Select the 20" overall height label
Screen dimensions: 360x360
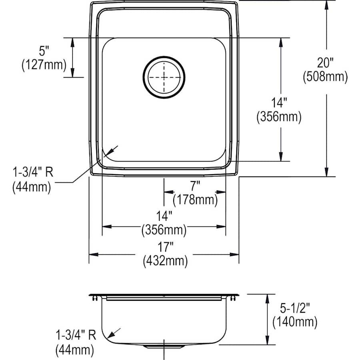pos(325,63)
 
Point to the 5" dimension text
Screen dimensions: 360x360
pos(43,51)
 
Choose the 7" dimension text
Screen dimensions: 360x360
pos(195,186)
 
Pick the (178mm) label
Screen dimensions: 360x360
pos(195,199)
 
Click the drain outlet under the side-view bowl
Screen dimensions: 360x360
pos(164,345)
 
